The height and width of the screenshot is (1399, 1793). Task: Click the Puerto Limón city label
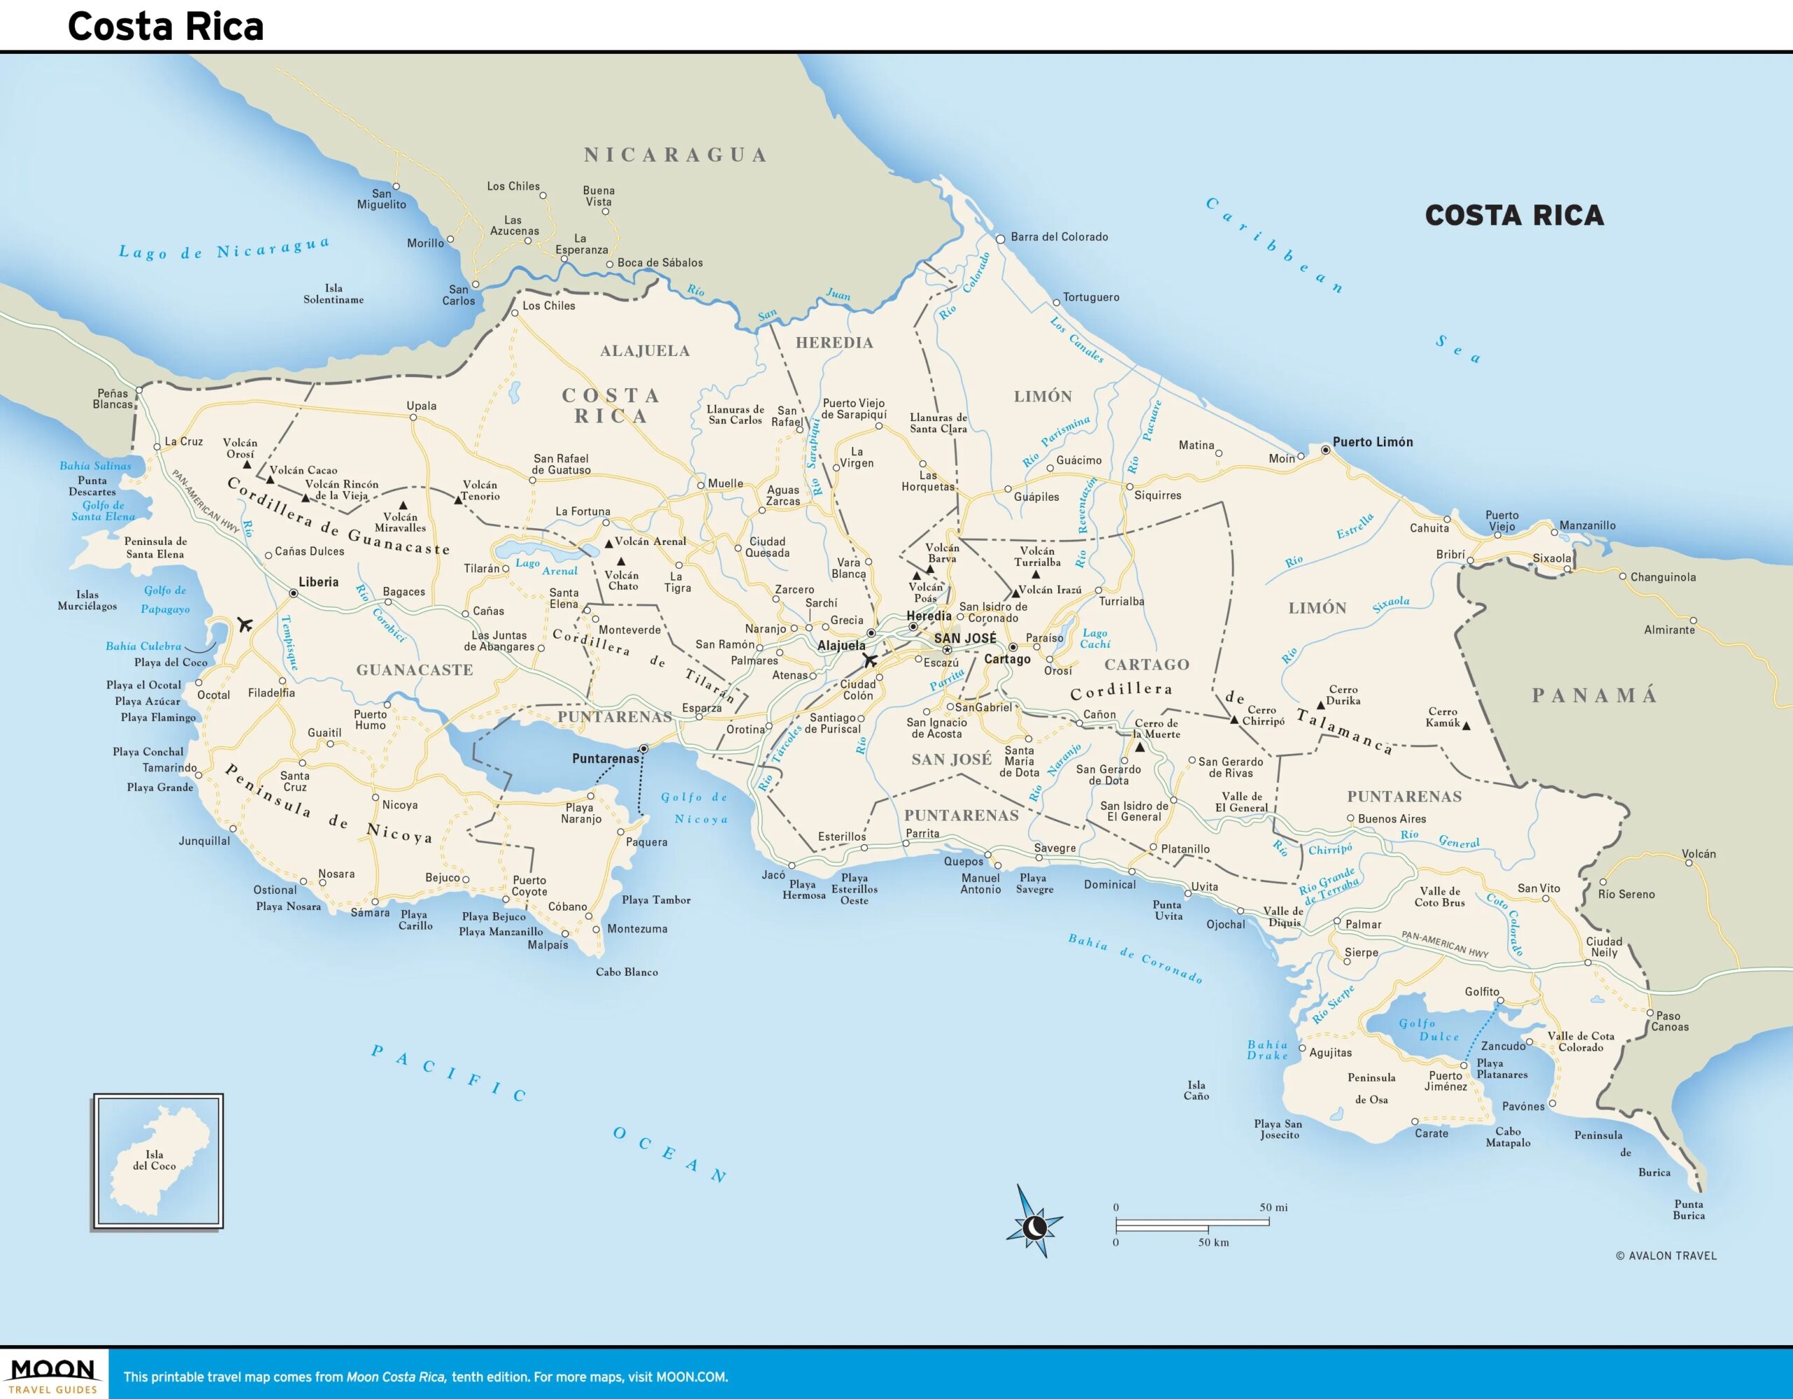click(1373, 442)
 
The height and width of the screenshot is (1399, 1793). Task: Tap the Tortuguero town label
click(1091, 297)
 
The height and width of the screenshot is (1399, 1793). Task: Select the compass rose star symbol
click(1034, 1227)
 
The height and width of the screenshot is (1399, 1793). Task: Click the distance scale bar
click(1192, 1223)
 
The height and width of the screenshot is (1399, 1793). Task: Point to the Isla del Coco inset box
click(158, 1161)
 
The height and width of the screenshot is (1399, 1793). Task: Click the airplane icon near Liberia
click(244, 625)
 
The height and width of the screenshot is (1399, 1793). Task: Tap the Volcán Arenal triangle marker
click(609, 544)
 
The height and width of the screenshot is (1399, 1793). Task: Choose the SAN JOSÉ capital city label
click(964, 638)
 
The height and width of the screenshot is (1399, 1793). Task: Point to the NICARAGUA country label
click(675, 154)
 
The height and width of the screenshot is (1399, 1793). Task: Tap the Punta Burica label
click(1689, 1209)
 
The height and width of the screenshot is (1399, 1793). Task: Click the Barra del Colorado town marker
click(1000, 239)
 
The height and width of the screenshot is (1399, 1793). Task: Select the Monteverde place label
click(629, 630)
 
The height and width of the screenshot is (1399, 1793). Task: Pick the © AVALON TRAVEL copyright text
click(1666, 1255)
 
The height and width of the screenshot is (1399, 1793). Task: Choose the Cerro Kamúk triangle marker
click(1466, 726)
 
